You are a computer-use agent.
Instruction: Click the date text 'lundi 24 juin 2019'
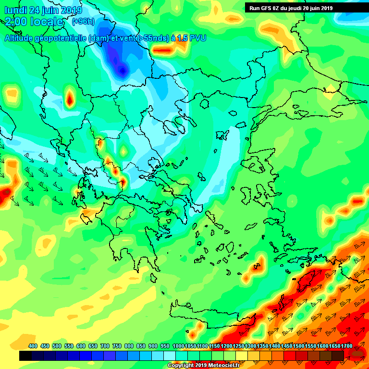[44, 10]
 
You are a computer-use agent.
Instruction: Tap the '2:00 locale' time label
[34, 22]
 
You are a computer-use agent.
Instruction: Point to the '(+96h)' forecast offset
[83, 22]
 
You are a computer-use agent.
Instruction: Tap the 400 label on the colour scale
[33, 346]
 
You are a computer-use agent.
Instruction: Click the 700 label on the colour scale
[105, 346]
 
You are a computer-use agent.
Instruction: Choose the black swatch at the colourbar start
[26, 356]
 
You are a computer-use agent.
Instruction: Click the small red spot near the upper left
[70, 100]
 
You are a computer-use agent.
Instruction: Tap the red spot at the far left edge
[6, 194]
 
